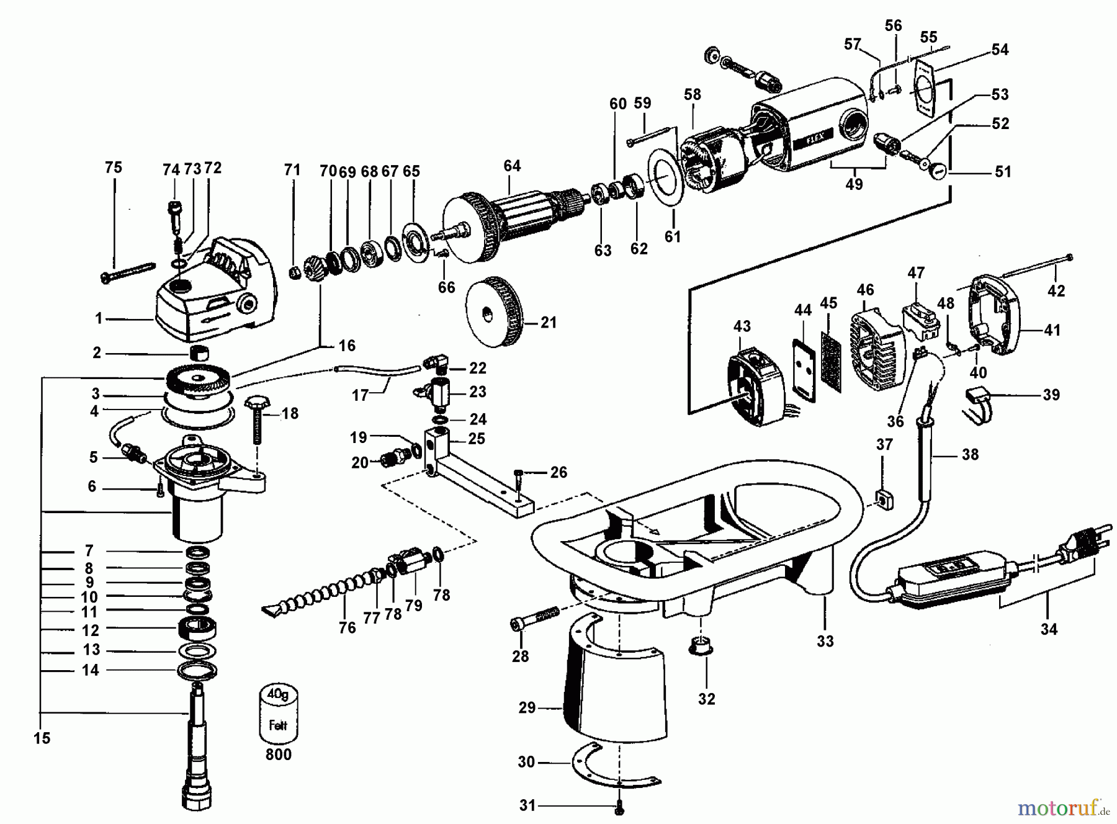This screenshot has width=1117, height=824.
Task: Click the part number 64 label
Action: tap(512, 166)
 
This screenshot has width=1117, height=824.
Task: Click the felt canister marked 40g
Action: tap(278, 714)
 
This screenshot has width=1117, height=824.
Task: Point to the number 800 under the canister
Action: tap(278, 755)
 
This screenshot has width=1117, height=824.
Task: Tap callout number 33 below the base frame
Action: tap(825, 641)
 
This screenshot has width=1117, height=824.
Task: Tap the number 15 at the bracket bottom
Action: tap(42, 738)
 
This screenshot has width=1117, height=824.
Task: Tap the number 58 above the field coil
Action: tap(692, 94)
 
